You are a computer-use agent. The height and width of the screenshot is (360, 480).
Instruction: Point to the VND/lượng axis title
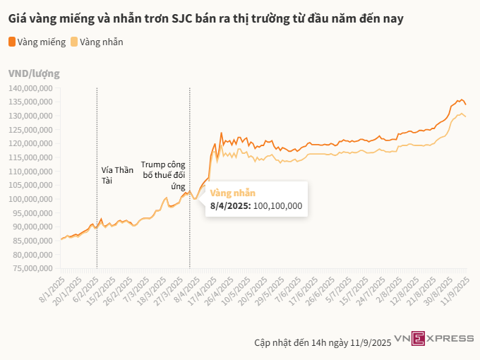coord(34,73)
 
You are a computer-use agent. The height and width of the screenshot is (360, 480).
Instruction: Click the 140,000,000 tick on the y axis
coord(32,88)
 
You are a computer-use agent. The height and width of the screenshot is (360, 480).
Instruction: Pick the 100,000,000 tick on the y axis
coord(32,199)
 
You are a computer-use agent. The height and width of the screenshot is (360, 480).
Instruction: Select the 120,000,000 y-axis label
coord(32,143)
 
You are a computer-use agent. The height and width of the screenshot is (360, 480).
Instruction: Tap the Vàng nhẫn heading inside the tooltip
coord(233,193)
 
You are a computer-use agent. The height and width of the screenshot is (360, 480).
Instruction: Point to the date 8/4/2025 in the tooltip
coord(230,205)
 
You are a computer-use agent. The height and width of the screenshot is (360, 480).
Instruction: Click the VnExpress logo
coord(434,339)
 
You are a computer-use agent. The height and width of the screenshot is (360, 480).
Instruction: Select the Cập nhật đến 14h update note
coord(323,342)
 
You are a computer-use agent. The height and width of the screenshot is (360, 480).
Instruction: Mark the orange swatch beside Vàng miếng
coord(12,42)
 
